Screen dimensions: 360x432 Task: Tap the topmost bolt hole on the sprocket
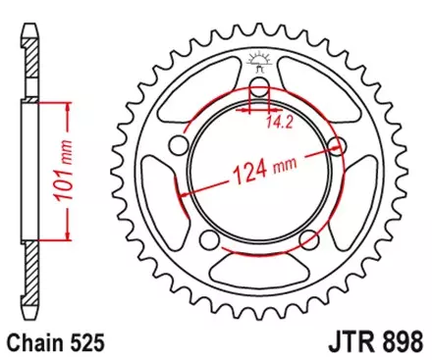260,90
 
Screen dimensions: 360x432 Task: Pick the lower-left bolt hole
209,241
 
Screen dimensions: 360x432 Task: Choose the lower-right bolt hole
310,241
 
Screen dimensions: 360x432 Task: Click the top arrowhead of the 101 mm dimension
68,102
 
